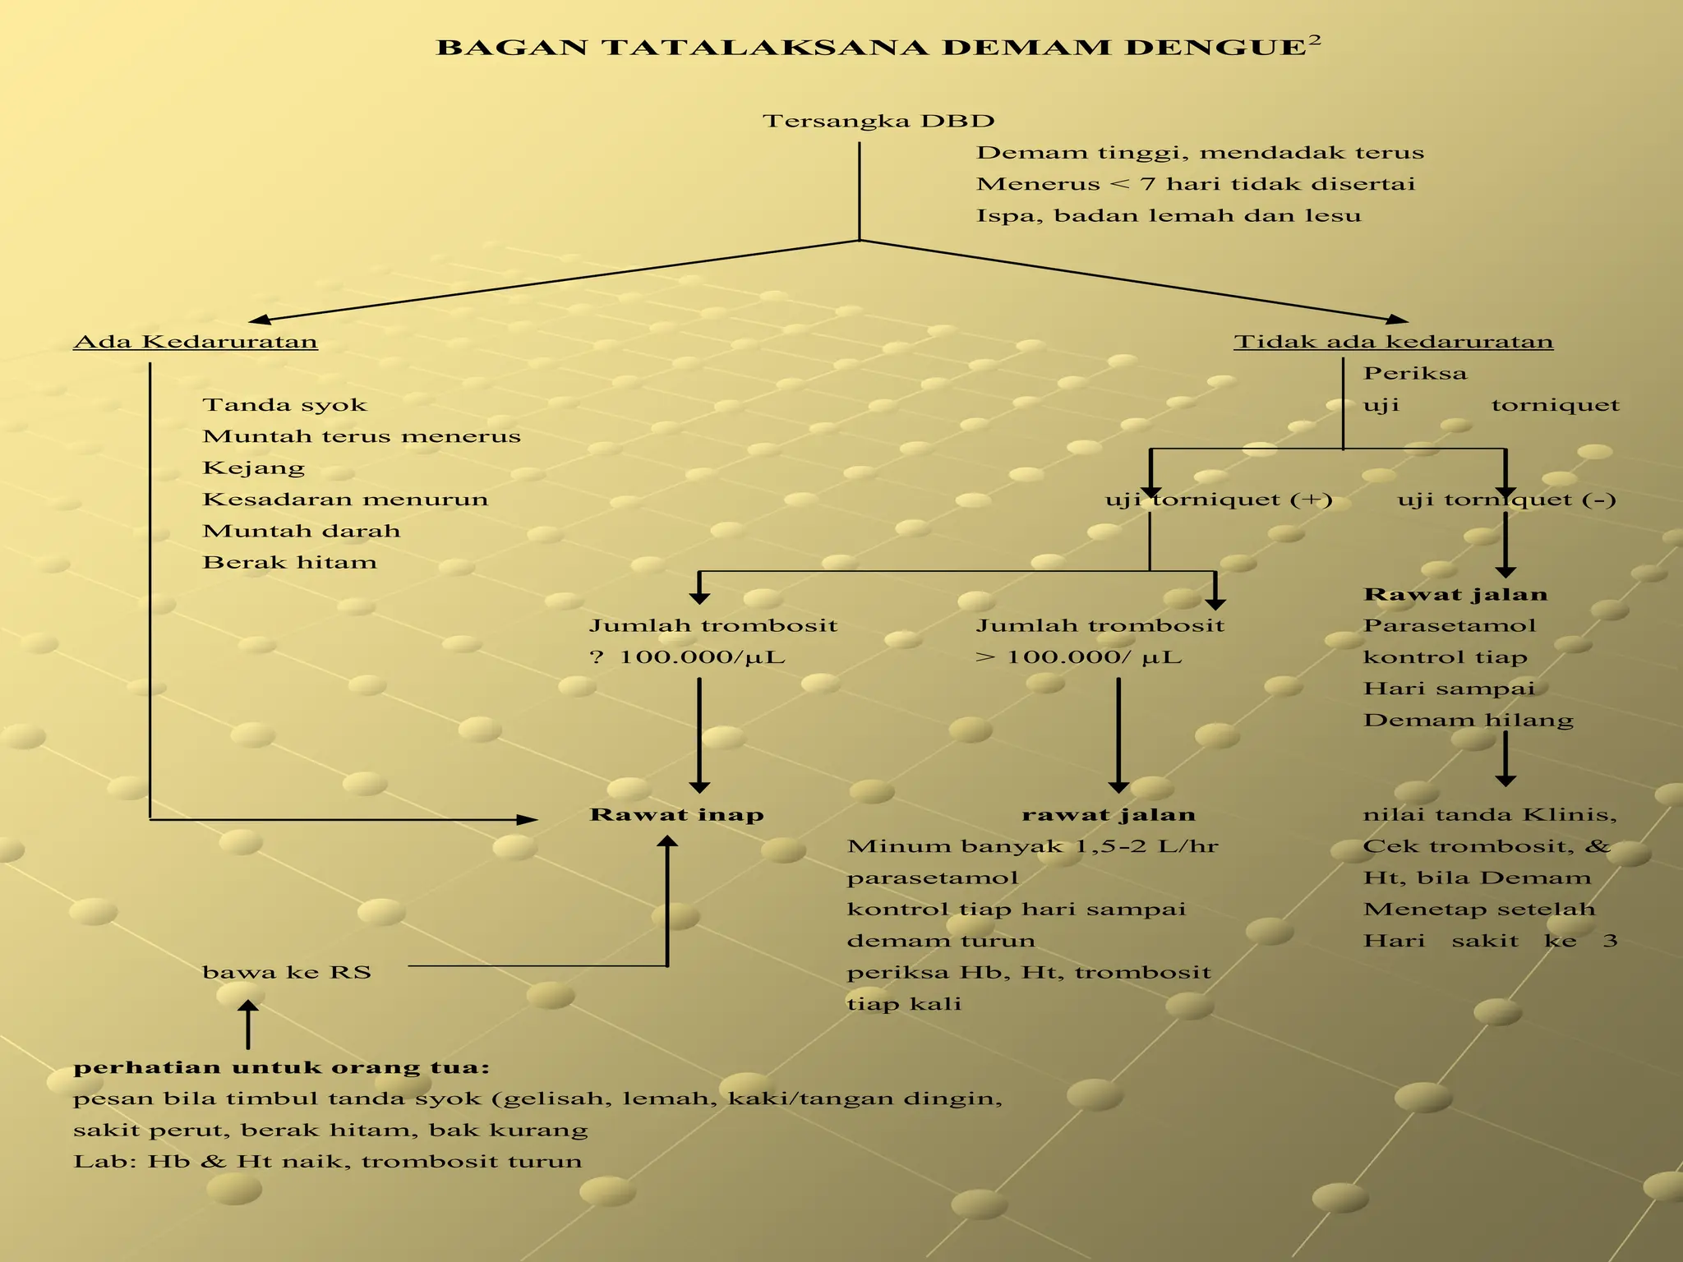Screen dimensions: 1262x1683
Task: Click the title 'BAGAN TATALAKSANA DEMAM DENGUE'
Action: (x=871, y=48)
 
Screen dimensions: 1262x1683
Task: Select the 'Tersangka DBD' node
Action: (x=878, y=122)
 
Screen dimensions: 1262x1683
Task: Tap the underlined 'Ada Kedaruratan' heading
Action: (x=196, y=342)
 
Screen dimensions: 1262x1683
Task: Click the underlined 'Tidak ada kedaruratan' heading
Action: (x=1393, y=342)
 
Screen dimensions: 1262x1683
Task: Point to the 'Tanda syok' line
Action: (x=284, y=405)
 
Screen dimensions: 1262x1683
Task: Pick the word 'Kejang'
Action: (x=253, y=468)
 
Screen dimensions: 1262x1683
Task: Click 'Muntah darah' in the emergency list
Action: (x=302, y=532)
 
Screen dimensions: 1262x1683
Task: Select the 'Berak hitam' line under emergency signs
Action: (x=289, y=563)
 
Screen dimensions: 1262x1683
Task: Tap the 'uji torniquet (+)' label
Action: (x=1219, y=500)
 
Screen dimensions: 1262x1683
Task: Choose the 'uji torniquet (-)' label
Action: (x=1506, y=500)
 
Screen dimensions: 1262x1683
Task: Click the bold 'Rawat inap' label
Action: (x=676, y=815)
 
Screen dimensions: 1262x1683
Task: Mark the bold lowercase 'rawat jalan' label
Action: (x=1109, y=815)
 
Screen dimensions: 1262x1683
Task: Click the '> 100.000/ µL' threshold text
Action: (x=1078, y=657)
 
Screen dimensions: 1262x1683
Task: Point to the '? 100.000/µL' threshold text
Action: (x=687, y=657)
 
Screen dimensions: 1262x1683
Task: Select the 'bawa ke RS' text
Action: (x=287, y=973)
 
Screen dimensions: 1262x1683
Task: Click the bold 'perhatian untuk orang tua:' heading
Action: (x=281, y=1068)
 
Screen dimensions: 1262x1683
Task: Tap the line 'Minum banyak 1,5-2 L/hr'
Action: (x=1032, y=846)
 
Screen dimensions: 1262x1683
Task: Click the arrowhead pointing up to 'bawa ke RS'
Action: (x=247, y=1006)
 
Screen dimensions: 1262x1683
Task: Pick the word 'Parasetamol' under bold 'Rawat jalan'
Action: (x=1449, y=626)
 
